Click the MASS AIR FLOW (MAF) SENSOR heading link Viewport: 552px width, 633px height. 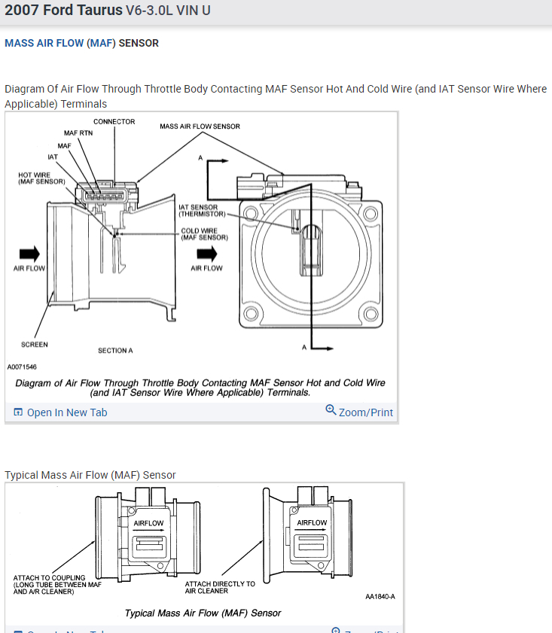tap(81, 43)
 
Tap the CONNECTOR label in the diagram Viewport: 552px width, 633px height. tap(114, 122)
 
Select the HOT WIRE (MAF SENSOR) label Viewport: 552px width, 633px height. tap(41, 178)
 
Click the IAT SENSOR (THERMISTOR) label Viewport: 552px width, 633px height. tap(199, 211)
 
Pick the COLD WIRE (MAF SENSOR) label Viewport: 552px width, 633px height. tap(205, 234)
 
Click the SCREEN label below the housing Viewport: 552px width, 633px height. tap(35, 345)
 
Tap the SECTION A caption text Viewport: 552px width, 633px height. tap(115, 351)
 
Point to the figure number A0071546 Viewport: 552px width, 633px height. tap(22, 367)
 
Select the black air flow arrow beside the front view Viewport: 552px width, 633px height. tap(206, 254)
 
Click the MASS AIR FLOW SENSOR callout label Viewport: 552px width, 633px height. tap(200, 126)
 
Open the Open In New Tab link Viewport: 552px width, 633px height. tap(61, 412)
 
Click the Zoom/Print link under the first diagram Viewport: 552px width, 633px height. tap(359, 412)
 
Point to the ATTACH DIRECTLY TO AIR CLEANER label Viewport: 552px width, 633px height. tap(220, 587)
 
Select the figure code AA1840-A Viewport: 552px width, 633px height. tap(380, 597)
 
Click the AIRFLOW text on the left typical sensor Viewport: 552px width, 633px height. tap(148, 523)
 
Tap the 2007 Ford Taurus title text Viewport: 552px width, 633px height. tap(63, 12)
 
